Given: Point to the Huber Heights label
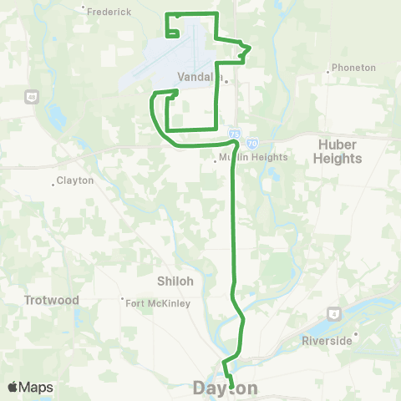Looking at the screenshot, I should [338, 150].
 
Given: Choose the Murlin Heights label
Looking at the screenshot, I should [254, 157].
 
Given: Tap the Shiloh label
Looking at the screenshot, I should [175, 281].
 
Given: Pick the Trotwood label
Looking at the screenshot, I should [51, 300].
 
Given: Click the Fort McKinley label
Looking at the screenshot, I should [159, 303].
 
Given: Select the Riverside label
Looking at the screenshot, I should [325, 342].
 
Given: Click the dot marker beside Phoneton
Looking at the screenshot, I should [327, 72].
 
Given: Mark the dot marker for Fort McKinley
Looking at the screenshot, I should [123, 299].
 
